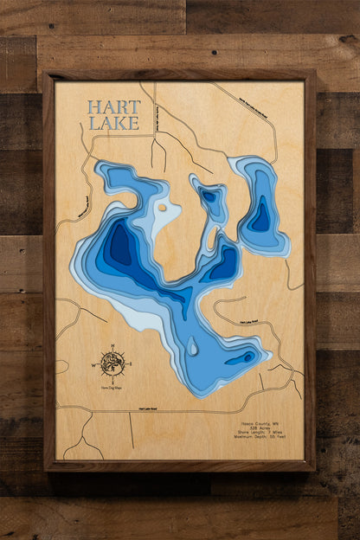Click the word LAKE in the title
tap(112, 123)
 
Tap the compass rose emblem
tap(112, 363)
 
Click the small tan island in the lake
tap(162, 207)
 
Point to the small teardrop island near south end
tap(192, 347)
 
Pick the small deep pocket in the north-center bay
tap(209, 196)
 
